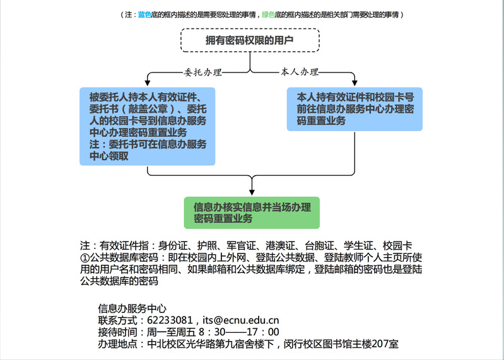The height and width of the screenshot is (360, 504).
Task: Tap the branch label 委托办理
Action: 203,73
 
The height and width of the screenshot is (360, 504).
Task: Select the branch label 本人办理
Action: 300,72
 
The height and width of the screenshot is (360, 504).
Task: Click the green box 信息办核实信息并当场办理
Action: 252,212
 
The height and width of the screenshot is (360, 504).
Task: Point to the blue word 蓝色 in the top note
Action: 144,15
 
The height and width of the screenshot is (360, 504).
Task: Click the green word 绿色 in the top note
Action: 268,15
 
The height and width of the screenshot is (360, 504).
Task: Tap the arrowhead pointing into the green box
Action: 252,192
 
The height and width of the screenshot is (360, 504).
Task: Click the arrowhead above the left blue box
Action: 148,83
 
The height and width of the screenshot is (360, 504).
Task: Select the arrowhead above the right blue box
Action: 355,83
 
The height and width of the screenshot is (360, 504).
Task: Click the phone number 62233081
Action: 170,320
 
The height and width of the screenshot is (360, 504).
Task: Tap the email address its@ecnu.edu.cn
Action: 241,320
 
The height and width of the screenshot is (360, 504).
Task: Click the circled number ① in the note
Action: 85,258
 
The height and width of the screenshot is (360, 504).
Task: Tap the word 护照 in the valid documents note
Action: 207,246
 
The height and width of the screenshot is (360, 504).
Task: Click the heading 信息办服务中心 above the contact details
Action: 132,308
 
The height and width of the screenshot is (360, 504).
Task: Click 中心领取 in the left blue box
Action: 109,156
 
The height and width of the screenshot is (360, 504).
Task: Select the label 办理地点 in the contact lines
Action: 118,344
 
